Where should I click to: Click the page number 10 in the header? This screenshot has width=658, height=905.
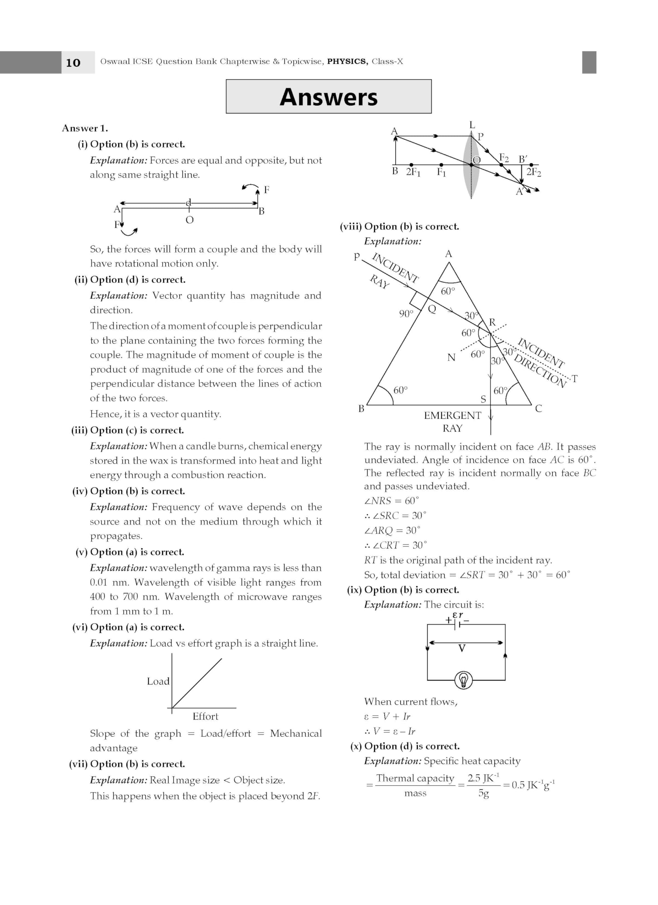pyautogui.click(x=73, y=63)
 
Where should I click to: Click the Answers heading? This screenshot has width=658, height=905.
pyautogui.click(x=328, y=97)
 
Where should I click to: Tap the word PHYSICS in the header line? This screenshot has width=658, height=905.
pyautogui.click(x=347, y=62)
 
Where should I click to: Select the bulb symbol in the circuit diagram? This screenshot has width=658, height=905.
pyautogui.click(x=463, y=679)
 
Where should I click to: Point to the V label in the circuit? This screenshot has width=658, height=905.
pyautogui.click(x=462, y=648)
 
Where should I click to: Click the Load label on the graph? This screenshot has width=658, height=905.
pyautogui.click(x=158, y=682)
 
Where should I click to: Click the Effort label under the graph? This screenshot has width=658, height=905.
pyautogui.click(x=205, y=717)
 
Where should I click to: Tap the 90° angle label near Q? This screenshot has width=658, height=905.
pyautogui.click(x=406, y=314)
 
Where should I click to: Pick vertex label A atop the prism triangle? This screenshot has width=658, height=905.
pyautogui.click(x=449, y=254)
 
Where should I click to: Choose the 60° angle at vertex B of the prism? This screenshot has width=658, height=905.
pyautogui.click(x=400, y=390)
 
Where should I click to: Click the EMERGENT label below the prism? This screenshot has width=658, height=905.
pyautogui.click(x=452, y=415)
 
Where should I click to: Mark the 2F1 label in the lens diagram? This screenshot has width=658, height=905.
pyautogui.click(x=413, y=172)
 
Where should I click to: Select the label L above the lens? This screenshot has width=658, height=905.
pyautogui.click(x=472, y=125)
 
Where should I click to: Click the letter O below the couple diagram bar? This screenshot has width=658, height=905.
pyautogui.click(x=189, y=220)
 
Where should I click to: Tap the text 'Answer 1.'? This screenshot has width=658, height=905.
pyautogui.click(x=85, y=128)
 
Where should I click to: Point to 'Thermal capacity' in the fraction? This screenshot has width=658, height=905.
pyautogui.click(x=415, y=778)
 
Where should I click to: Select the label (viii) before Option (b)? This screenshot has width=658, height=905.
pyautogui.click(x=351, y=227)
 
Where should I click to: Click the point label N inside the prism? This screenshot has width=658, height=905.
pyautogui.click(x=451, y=357)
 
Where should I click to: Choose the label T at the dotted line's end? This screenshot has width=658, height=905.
pyautogui.click(x=574, y=378)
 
